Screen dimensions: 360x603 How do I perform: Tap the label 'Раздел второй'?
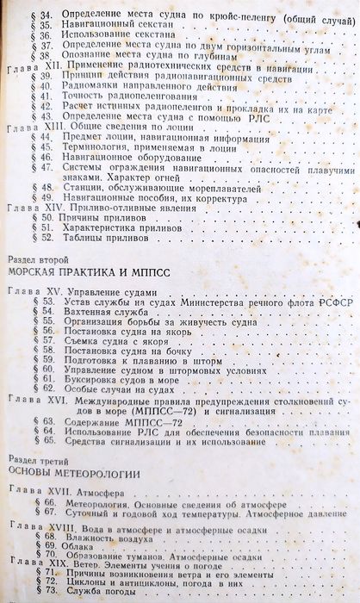tap(36, 258)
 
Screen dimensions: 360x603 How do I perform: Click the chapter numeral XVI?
tap(57, 400)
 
